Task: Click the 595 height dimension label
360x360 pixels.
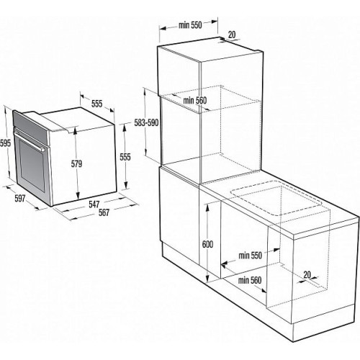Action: pos(5,143)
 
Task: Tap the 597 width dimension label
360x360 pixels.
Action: pos(20,199)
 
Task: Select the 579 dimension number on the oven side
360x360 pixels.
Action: pos(76,163)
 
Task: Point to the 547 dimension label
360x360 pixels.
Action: pos(94,204)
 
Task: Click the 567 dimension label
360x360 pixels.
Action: pos(104,212)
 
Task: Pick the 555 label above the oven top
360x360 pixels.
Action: pos(97,104)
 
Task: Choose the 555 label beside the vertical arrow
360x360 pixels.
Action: pos(125,157)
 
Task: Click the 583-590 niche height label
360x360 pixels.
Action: pos(146,123)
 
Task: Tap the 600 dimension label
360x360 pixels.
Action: pos(207,244)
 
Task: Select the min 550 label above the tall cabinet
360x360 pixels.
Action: pos(190,25)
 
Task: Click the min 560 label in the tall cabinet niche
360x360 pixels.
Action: pos(194,100)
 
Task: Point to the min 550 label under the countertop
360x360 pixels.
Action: pos(250,256)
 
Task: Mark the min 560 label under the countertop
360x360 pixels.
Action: pos(250,280)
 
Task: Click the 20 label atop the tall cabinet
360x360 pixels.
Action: pos(232,35)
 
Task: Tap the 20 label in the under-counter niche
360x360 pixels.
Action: pos(307,274)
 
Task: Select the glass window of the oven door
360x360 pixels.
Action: pos(32,165)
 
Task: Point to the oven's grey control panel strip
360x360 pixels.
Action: pos(30,127)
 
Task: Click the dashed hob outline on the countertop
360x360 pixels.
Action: pos(276,198)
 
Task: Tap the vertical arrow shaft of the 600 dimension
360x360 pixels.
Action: pos(207,243)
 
